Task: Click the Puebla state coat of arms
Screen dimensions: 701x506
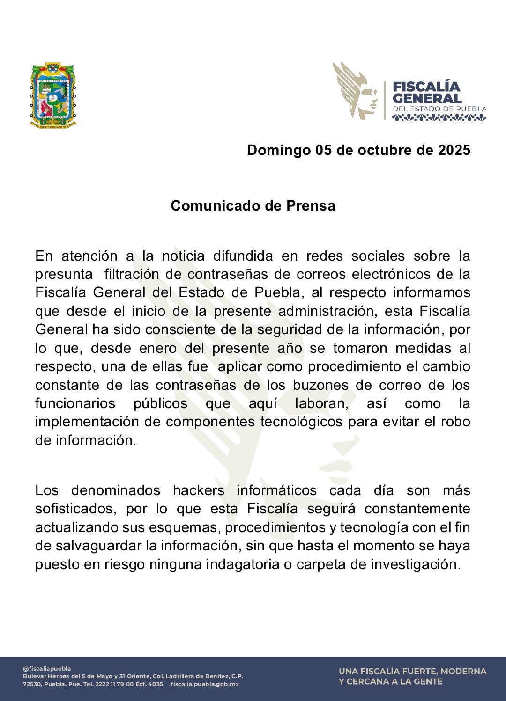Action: coord(53,95)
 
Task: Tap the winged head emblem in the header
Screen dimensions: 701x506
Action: coord(355,91)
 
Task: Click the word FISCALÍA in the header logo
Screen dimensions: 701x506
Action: coord(426,87)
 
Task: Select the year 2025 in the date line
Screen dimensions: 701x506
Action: coord(454,150)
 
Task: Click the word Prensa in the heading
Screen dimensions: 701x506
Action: coord(311,206)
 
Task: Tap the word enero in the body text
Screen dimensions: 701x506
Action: coord(158,348)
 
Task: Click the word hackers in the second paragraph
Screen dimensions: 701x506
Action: coord(199,490)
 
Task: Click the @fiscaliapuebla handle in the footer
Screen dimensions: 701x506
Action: coord(47,669)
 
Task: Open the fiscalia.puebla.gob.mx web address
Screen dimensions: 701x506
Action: coord(205,684)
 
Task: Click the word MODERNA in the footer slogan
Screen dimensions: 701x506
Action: coord(463,672)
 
